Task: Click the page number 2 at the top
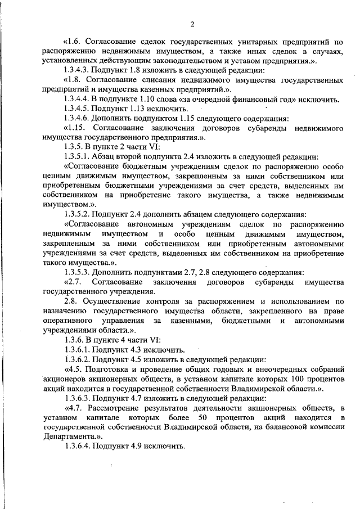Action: tap(192, 24)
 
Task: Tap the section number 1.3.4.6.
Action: tap(78, 118)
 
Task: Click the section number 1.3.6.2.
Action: tap(78, 359)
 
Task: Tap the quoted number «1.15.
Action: tap(75, 128)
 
